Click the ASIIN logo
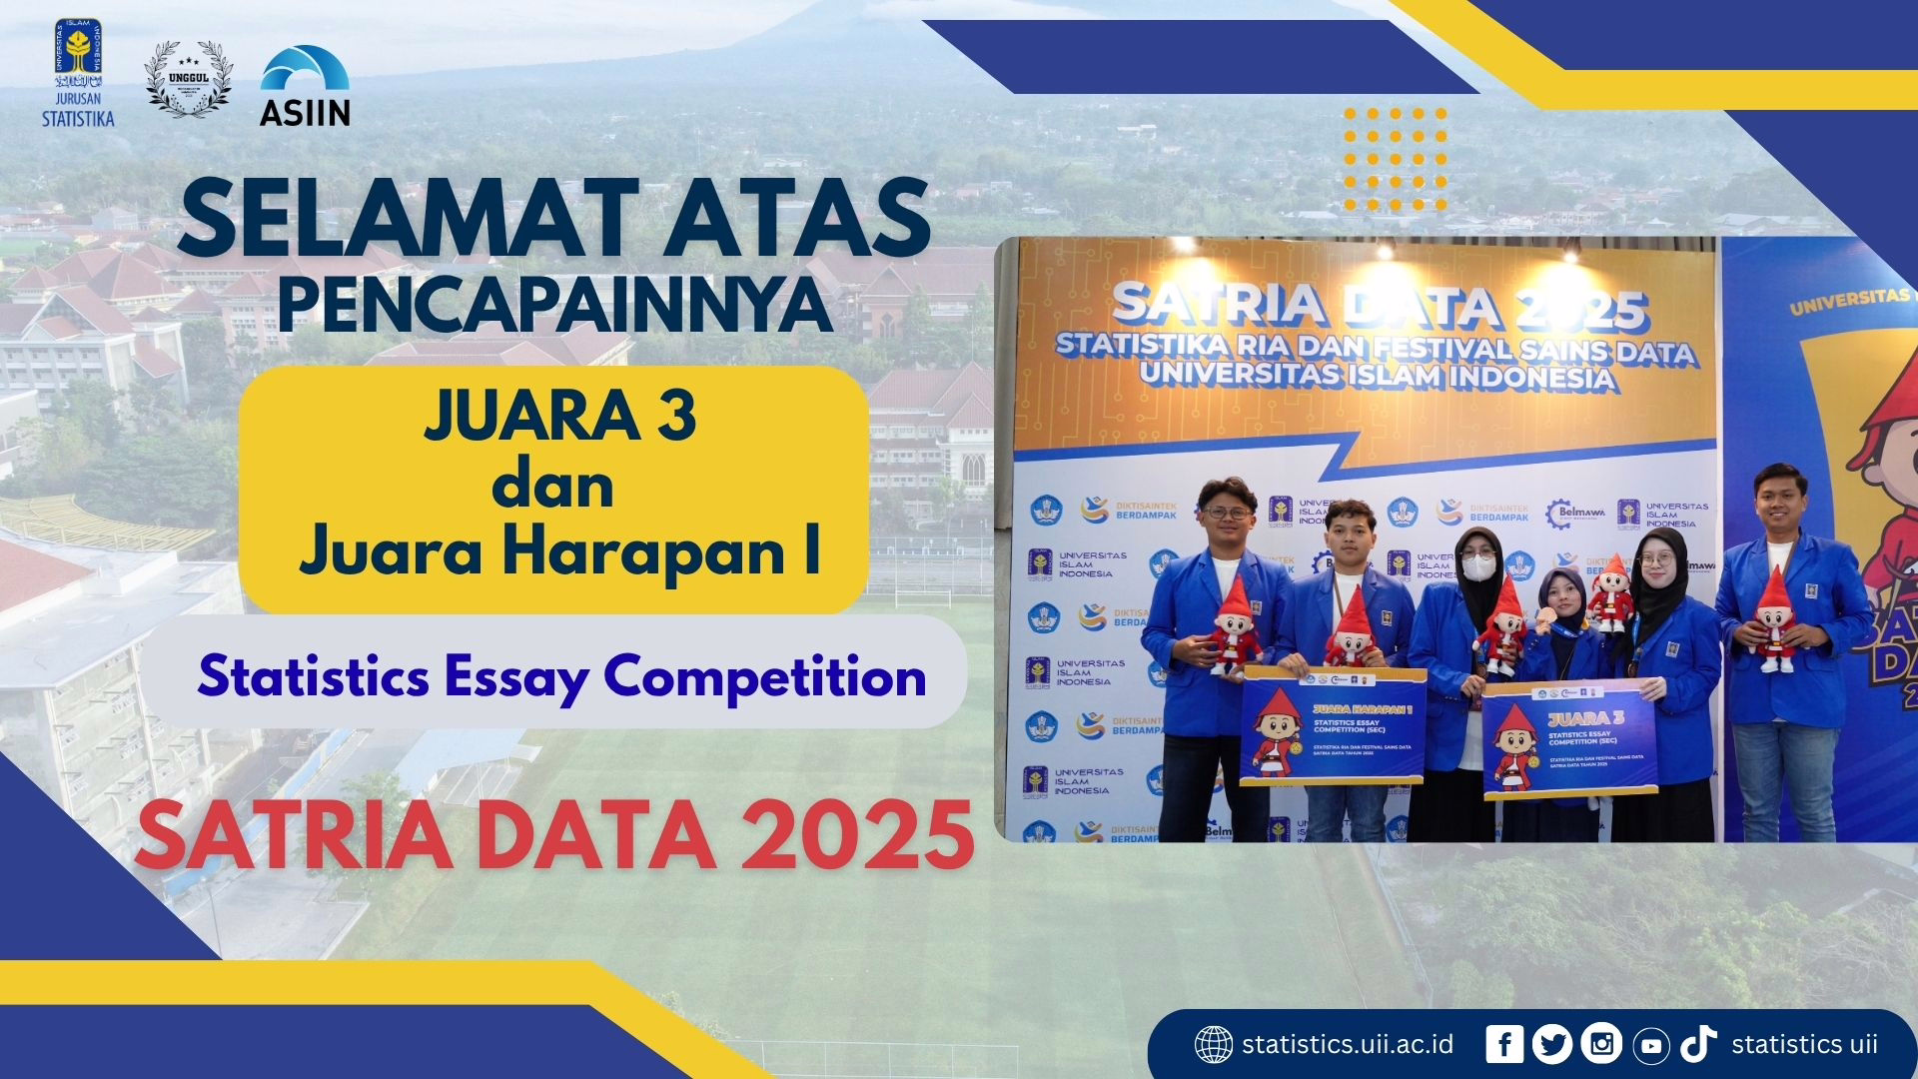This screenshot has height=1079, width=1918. [305, 88]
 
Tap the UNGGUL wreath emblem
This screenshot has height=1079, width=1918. [188, 80]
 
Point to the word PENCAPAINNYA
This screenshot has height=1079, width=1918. [554, 306]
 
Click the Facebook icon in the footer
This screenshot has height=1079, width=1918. [1504, 1044]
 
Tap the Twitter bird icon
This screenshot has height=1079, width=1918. [1551, 1044]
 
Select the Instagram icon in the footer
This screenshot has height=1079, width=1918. [1601, 1044]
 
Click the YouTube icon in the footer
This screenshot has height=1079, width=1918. [1651, 1045]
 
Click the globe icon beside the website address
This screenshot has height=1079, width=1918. [1214, 1045]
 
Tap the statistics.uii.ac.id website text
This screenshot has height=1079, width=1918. [1348, 1045]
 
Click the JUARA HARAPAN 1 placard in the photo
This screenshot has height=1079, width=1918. [1333, 727]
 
